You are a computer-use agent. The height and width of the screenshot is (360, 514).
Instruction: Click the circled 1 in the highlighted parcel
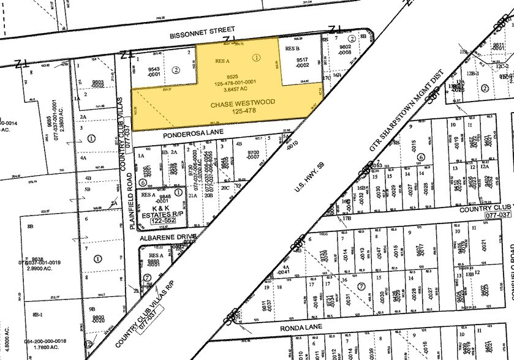click(x=256, y=58)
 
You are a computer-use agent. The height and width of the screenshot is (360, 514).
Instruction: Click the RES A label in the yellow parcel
click(x=222, y=61)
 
